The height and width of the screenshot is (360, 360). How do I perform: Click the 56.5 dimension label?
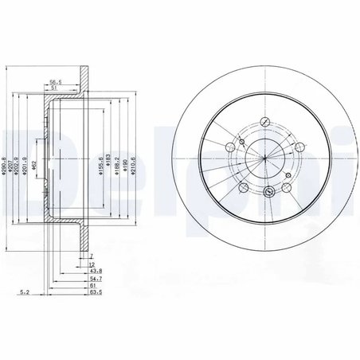point(56,81)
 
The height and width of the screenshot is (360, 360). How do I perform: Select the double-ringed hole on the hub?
point(268,191)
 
